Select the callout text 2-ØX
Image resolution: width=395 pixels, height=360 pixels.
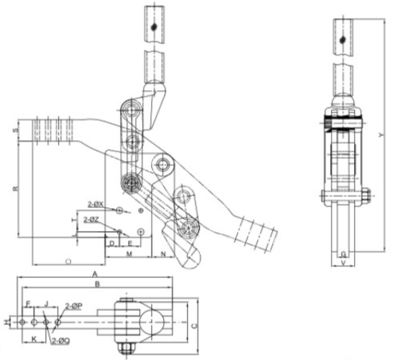coord(95,203)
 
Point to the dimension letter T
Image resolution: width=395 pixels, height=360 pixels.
coord(73,221)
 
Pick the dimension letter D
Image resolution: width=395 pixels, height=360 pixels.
coord(112,243)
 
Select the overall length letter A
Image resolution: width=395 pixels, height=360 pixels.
coord(95,274)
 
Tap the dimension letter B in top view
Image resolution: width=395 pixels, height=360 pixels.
coord(95,284)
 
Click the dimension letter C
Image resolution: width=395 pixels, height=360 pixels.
coord(195,326)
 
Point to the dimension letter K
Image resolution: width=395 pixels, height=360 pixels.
coord(35,339)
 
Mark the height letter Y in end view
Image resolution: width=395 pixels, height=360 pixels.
coord(381,135)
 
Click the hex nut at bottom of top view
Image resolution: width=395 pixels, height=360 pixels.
coord(125,348)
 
